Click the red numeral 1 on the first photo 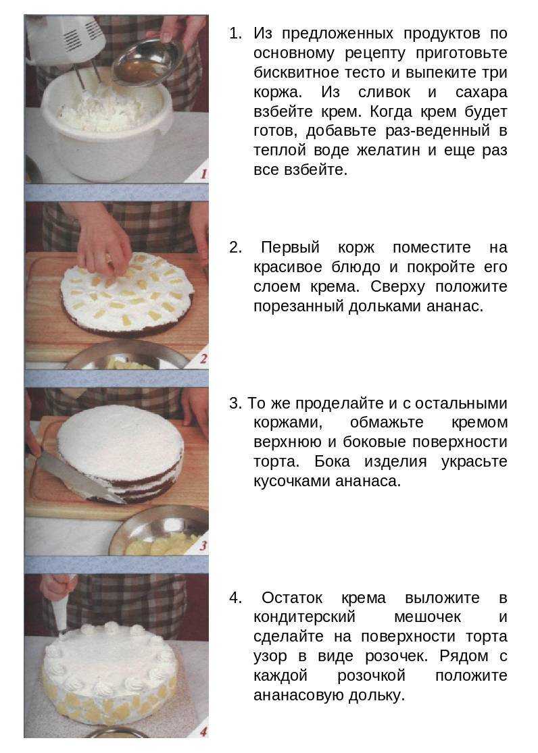click(203, 173)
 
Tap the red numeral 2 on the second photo click(203, 359)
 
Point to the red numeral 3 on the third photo click(202, 545)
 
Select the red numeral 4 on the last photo click(202, 731)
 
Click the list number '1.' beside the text click(235, 33)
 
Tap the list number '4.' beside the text click(235, 598)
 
